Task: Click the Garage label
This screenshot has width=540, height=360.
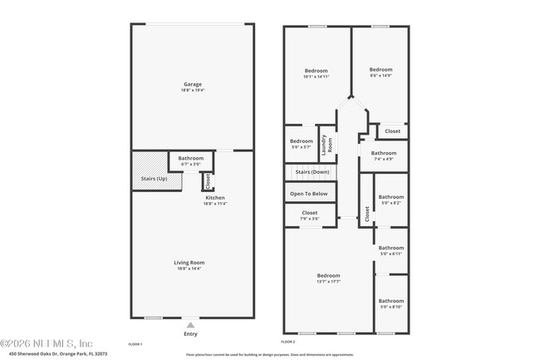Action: pyautogui.click(x=193, y=84)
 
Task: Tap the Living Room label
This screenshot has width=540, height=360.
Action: pyautogui.click(x=190, y=263)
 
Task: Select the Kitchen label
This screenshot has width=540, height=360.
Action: pyautogui.click(x=215, y=198)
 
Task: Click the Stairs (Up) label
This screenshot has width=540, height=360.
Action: pyautogui.click(x=150, y=179)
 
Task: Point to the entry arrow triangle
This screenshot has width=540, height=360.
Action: pyautogui.click(x=190, y=325)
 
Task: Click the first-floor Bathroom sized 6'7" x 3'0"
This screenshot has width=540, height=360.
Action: pyautogui.click(x=190, y=158)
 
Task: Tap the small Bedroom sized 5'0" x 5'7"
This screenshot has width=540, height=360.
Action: pyautogui.click(x=302, y=141)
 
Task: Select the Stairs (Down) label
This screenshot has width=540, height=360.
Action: pyautogui.click(x=312, y=172)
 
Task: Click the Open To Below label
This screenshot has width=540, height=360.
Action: pyautogui.click(x=308, y=194)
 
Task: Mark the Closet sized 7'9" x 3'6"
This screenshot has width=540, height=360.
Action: pyautogui.click(x=309, y=213)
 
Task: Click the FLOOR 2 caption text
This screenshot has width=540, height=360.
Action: pyautogui.click(x=288, y=343)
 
